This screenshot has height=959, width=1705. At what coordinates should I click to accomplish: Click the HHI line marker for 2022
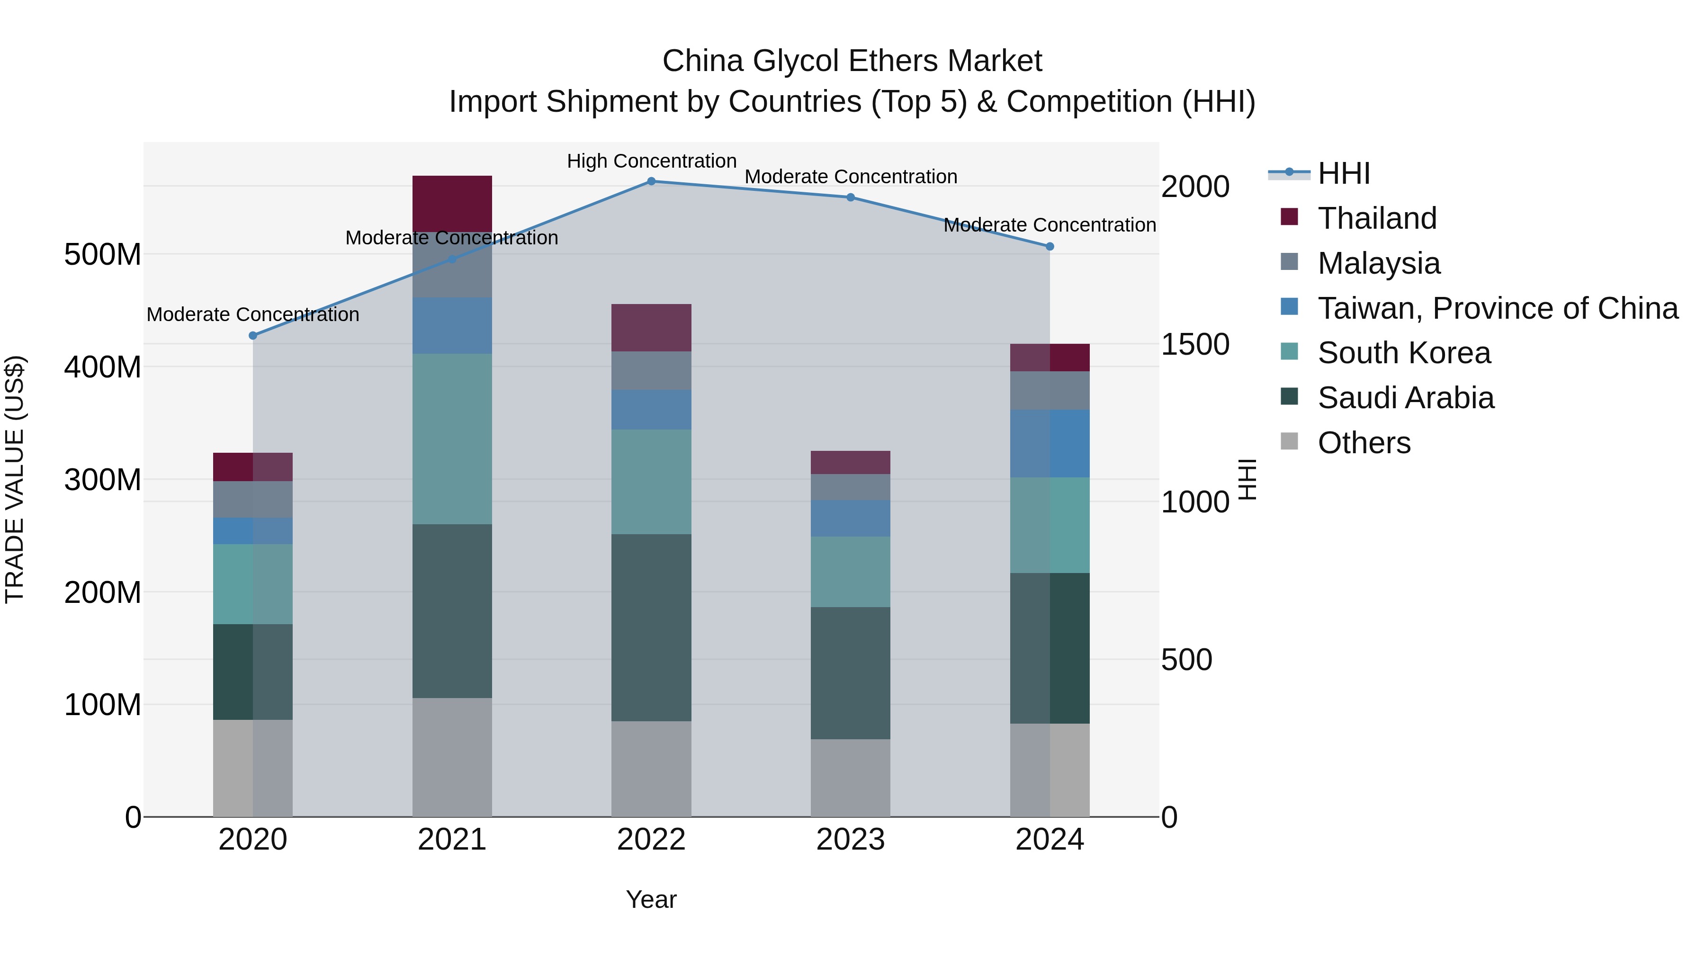(651, 181)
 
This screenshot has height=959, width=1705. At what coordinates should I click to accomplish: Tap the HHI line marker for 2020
(253, 336)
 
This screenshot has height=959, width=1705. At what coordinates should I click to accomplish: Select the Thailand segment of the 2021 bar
(452, 203)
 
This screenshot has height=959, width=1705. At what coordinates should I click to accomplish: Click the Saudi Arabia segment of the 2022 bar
(651, 627)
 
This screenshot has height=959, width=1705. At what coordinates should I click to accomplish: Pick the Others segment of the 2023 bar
(851, 778)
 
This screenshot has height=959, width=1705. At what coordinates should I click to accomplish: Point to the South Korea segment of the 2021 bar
(452, 439)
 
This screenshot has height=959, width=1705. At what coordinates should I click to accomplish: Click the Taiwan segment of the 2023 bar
(851, 518)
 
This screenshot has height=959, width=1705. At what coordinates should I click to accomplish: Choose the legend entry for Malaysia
(1378, 263)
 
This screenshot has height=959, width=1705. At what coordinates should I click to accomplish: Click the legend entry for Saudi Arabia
(1405, 398)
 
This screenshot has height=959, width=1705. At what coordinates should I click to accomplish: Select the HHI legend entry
(1343, 173)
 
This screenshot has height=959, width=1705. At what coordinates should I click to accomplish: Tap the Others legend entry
(1364, 443)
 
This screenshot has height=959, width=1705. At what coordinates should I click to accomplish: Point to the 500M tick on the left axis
(103, 255)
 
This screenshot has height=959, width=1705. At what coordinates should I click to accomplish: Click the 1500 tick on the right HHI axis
(1195, 344)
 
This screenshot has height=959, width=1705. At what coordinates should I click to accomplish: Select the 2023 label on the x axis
(851, 840)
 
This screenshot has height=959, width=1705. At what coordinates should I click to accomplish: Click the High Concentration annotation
(651, 161)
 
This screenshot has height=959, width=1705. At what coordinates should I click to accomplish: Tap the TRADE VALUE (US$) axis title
(15, 479)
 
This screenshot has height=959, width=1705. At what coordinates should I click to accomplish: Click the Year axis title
(651, 899)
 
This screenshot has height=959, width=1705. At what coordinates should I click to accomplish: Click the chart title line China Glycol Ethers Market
(852, 61)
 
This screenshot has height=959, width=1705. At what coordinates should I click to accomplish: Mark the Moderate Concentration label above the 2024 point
(1049, 225)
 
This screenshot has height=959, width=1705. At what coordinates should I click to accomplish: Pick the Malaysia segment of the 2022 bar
(651, 371)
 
